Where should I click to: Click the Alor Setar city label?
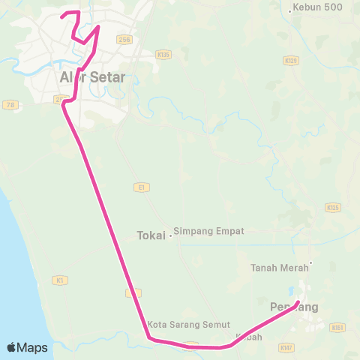(x=92, y=77)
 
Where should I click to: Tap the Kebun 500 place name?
(x=319, y=7)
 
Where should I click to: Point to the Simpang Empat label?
(x=208, y=232)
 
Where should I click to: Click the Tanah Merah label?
(x=279, y=268)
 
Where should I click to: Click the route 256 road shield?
(x=124, y=38)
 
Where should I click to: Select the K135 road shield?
(x=163, y=54)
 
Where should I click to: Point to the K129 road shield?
(x=291, y=59)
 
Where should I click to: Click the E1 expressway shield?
(x=140, y=186)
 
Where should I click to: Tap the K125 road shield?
(x=332, y=206)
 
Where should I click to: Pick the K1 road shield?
(x=60, y=280)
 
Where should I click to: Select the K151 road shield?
(x=337, y=327)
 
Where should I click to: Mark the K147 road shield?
(x=285, y=348)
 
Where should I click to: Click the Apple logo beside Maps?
(x=12, y=347)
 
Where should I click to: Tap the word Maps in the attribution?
(x=33, y=348)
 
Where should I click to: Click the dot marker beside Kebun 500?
(x=290, y=10)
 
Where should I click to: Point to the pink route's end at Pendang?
(x=298, y=302)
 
